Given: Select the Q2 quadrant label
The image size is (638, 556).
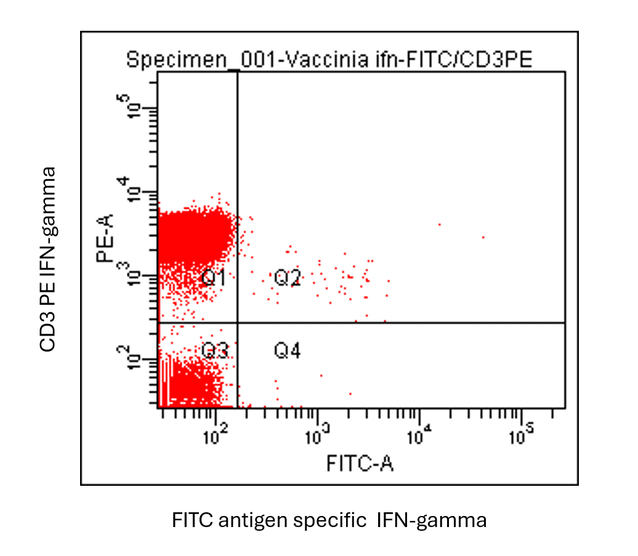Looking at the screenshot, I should (x=287, y=278).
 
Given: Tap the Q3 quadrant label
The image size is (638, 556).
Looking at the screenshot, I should (x=216, y=351).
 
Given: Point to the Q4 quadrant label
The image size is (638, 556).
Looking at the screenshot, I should (x=287, y=351).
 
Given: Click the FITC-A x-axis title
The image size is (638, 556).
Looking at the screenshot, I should (x=360, y=462).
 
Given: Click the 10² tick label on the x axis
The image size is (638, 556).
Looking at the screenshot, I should (x=215, y=437).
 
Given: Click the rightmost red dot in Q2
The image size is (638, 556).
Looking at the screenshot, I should (x=483, y=237).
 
